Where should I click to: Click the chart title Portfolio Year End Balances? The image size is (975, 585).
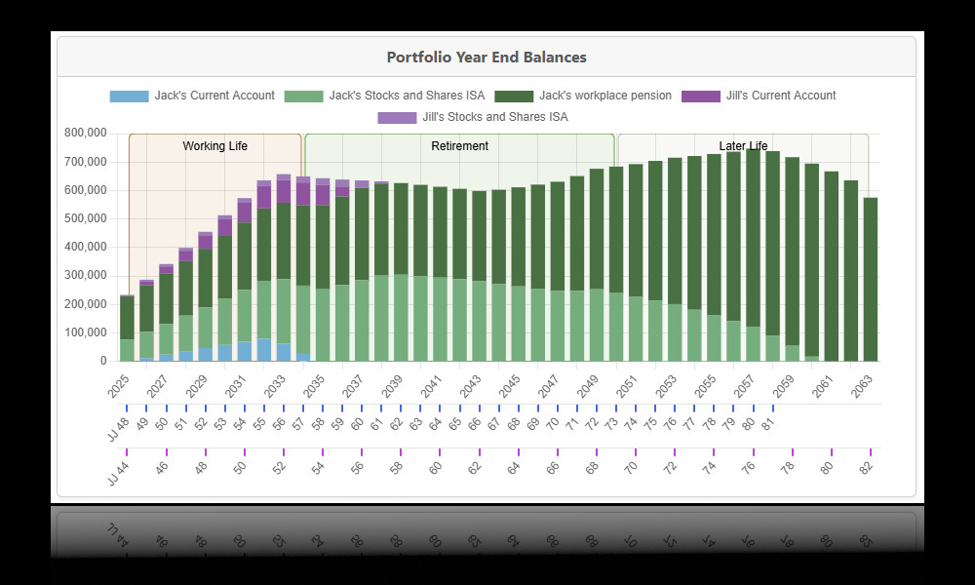pyautogui.click(x=487, y=58)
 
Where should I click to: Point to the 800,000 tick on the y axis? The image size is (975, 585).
pyautogui.click(x=85, y=133)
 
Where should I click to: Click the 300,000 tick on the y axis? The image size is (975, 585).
pyautogui.click(x=85, y=275)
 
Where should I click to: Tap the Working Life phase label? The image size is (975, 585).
pyautogui.click(x=214, y=146)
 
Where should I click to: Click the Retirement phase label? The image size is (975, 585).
pyautogui.click(x=459, y=146)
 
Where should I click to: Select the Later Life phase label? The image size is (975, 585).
pyautogui.click(x=743, y=146)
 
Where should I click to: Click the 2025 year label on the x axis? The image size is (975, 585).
pyautogui.click(x=118, y=384)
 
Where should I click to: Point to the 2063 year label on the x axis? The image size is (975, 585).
pyautogui.click(x=861, y=384)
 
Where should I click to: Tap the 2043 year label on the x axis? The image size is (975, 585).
pyautogui.click(x=470, y=384)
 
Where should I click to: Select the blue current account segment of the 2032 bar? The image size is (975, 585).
pyautogui.click(x=264, y=350)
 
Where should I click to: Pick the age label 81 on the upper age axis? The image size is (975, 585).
pyautogui.click(x=767, y=424)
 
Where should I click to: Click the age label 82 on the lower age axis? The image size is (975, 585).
pyautogui.click(x=866, y=468)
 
